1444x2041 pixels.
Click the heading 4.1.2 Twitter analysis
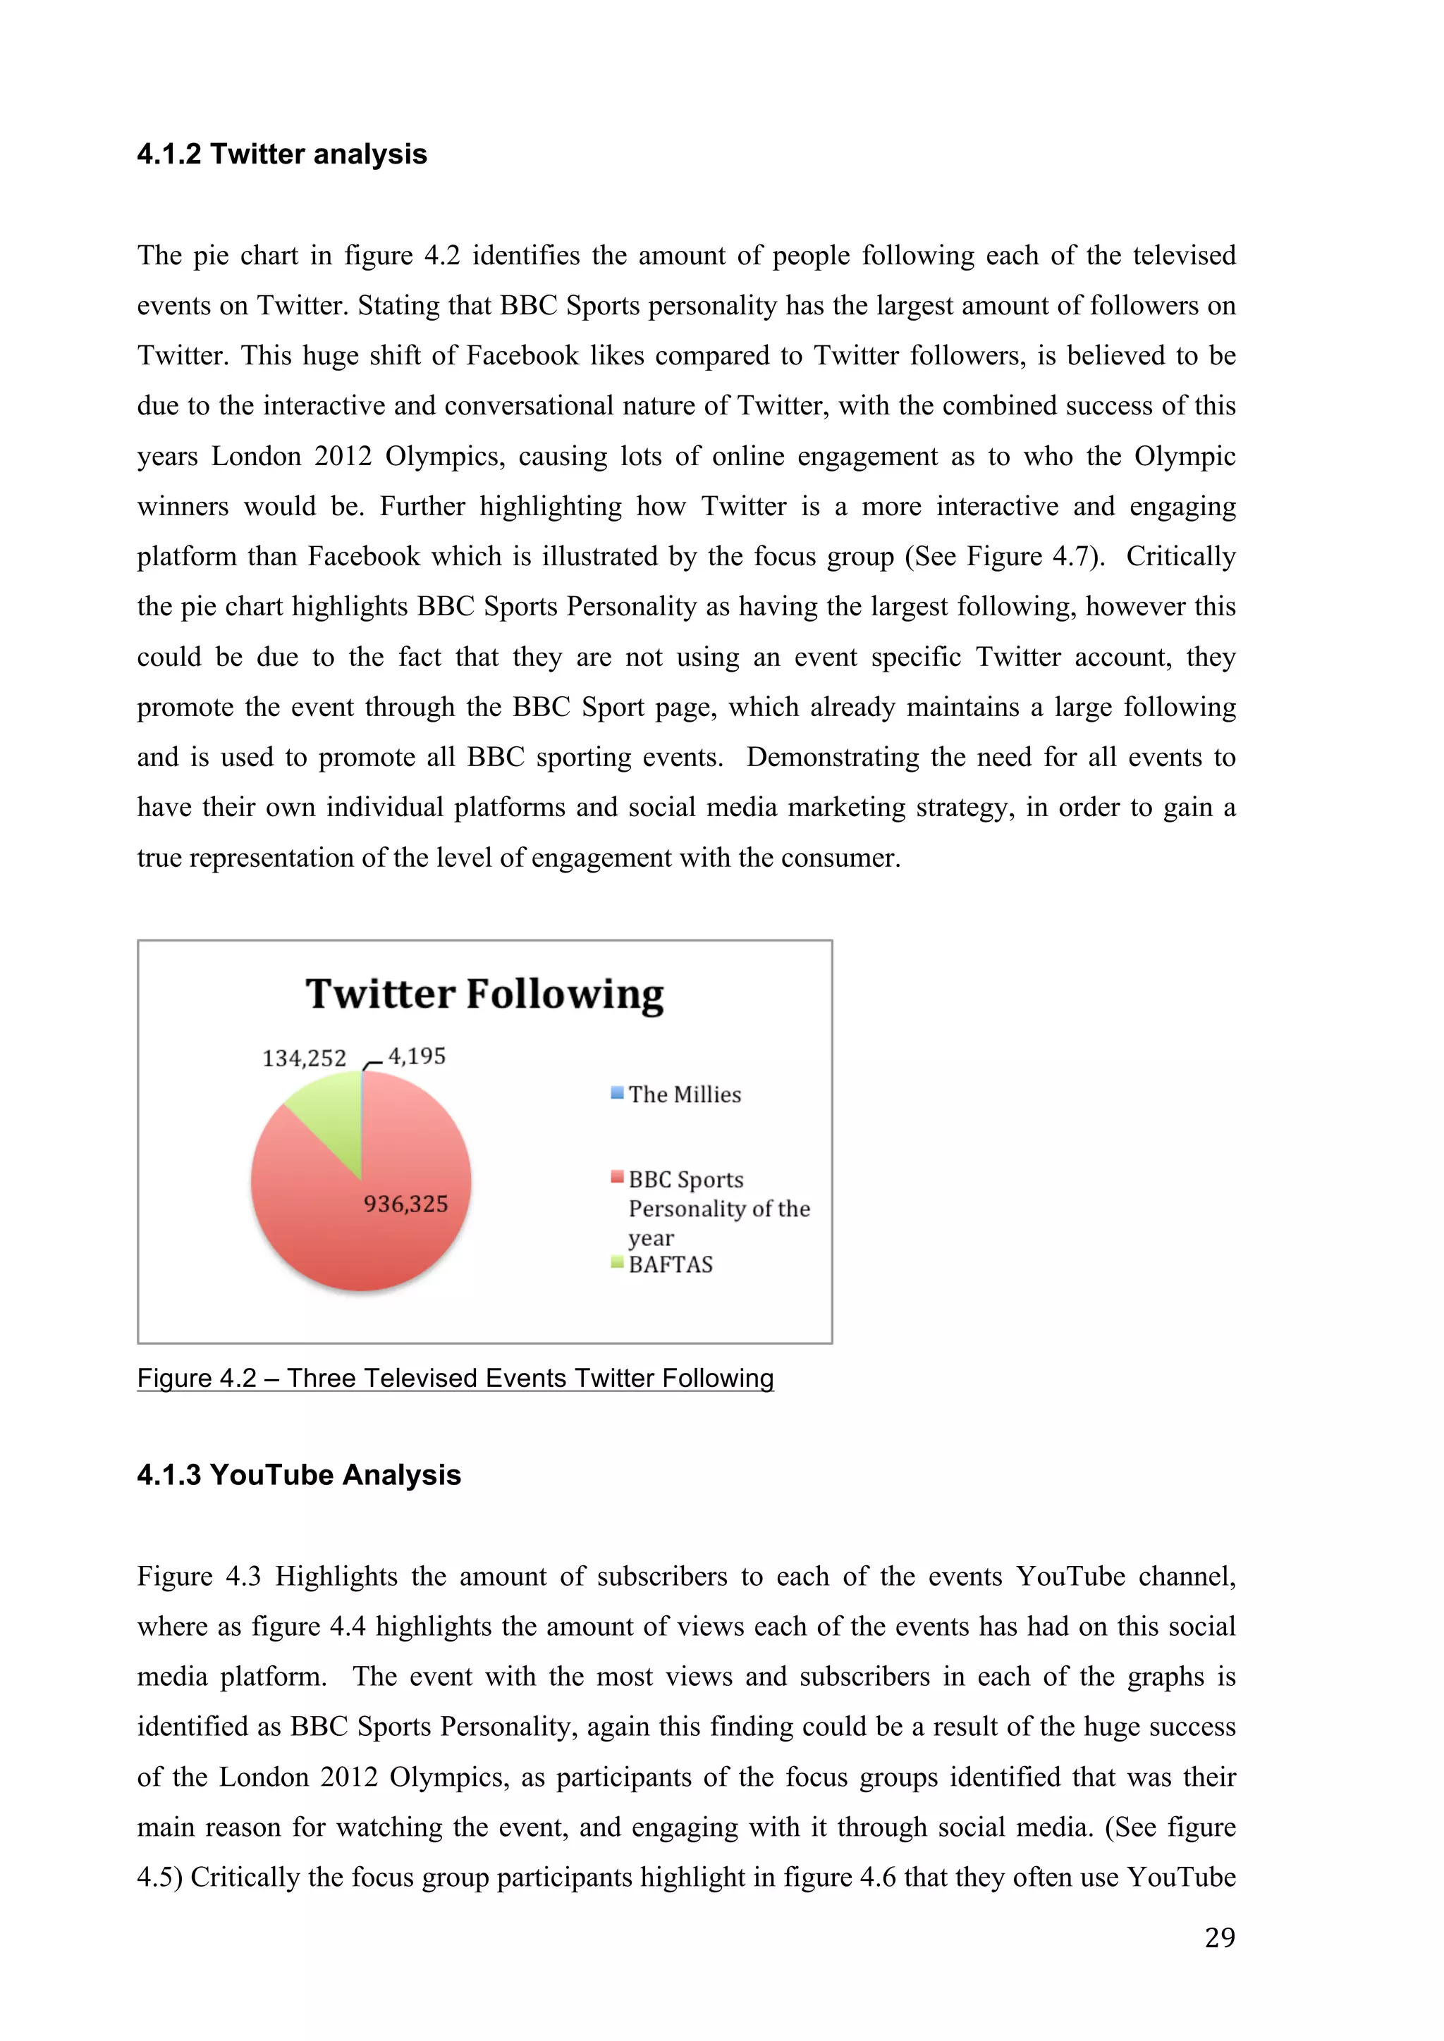pos(282,154)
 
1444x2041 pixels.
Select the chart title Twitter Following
pos(484,994)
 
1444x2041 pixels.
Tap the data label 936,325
pos(405,1204)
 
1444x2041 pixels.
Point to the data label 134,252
pos(304,1059)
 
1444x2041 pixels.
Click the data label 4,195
pos(417,1056)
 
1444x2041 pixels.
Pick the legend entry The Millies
pos(685,1095)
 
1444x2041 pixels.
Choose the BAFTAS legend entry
pos(671,1265)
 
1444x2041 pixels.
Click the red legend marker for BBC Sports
pos(617,1178)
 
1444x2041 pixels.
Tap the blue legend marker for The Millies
pos(617,1093)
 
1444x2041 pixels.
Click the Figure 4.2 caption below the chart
pos(455,1379)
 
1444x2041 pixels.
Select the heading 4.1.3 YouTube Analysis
pos(299,1476)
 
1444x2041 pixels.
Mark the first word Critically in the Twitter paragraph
pos(1181,557)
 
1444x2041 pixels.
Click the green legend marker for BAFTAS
pos(617,1262)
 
